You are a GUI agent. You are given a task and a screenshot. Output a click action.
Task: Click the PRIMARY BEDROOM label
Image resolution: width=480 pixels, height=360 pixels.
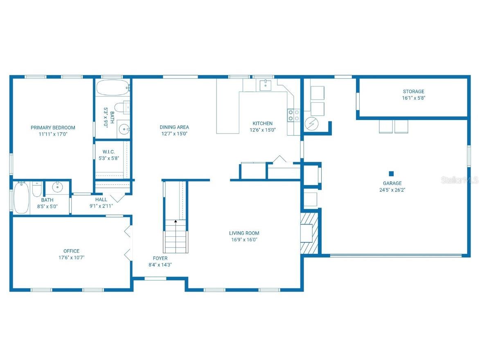(53, 127)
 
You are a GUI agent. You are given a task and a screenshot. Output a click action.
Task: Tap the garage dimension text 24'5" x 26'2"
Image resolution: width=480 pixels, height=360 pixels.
(392, 190)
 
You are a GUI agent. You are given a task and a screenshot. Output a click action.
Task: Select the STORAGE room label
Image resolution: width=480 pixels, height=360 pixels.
(413, 91)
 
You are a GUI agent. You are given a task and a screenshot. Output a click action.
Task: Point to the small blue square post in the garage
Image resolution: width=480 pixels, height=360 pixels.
(391, 173)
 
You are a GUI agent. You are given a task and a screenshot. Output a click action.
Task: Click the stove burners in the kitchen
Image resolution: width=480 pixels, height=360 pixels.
(293, 115)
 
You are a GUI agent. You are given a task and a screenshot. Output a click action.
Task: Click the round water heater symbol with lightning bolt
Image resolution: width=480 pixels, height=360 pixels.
(311, 123)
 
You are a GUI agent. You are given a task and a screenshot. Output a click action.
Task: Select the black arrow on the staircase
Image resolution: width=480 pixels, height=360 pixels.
(176, 222)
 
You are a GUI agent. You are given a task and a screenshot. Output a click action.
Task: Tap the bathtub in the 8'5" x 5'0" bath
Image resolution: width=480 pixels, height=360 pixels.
(21, 198)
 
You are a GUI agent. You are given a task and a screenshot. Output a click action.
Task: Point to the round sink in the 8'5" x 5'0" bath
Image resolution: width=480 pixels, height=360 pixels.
(57, 188)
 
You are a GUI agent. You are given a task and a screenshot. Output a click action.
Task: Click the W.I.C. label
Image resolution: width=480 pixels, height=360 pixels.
(108, 152)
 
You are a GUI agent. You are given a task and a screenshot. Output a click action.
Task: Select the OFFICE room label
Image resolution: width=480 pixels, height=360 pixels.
(71, 251)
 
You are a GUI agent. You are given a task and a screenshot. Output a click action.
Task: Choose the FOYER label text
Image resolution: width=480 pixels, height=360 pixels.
(160, 258)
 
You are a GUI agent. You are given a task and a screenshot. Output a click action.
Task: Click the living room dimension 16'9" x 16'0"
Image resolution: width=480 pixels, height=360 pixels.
(244, 240)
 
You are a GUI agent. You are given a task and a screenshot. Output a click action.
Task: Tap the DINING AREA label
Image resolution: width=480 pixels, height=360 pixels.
(174, 127)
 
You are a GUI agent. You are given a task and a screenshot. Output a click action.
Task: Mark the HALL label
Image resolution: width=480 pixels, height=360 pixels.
(101, 199)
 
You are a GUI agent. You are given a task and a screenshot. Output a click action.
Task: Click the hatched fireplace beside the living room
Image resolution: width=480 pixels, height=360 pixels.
(309, 233)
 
